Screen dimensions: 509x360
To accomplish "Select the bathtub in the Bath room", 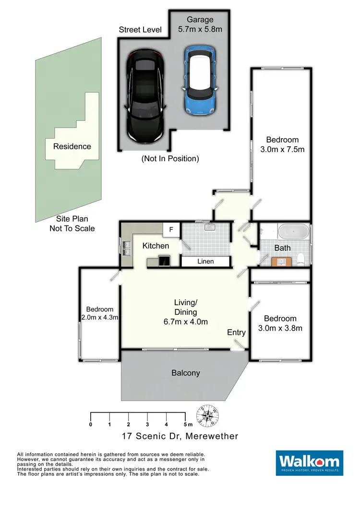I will click(x=293, y=233).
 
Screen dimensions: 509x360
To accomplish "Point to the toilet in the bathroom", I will click(x=301, y=259).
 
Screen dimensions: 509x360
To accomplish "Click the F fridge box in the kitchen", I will click(x=171, y=229).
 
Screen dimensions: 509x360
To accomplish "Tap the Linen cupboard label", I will click(x=205, y=261).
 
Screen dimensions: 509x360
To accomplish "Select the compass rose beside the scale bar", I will click(x=207, y=415).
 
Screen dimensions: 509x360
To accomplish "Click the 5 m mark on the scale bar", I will click(x=185, y=424).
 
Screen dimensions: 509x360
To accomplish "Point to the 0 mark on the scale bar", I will click(x=91, y=424).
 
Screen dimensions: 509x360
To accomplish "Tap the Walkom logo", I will click(x=310, y=462).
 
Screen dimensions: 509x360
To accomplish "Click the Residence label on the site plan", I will click(x=72, y=146).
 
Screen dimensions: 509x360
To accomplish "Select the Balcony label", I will click(x=185, y=373).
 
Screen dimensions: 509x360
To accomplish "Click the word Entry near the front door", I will click(x=236, y=332).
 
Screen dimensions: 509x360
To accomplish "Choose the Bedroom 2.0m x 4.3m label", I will click(x=100, y=313).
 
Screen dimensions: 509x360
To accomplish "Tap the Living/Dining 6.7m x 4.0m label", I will click(x=185, y=312).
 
